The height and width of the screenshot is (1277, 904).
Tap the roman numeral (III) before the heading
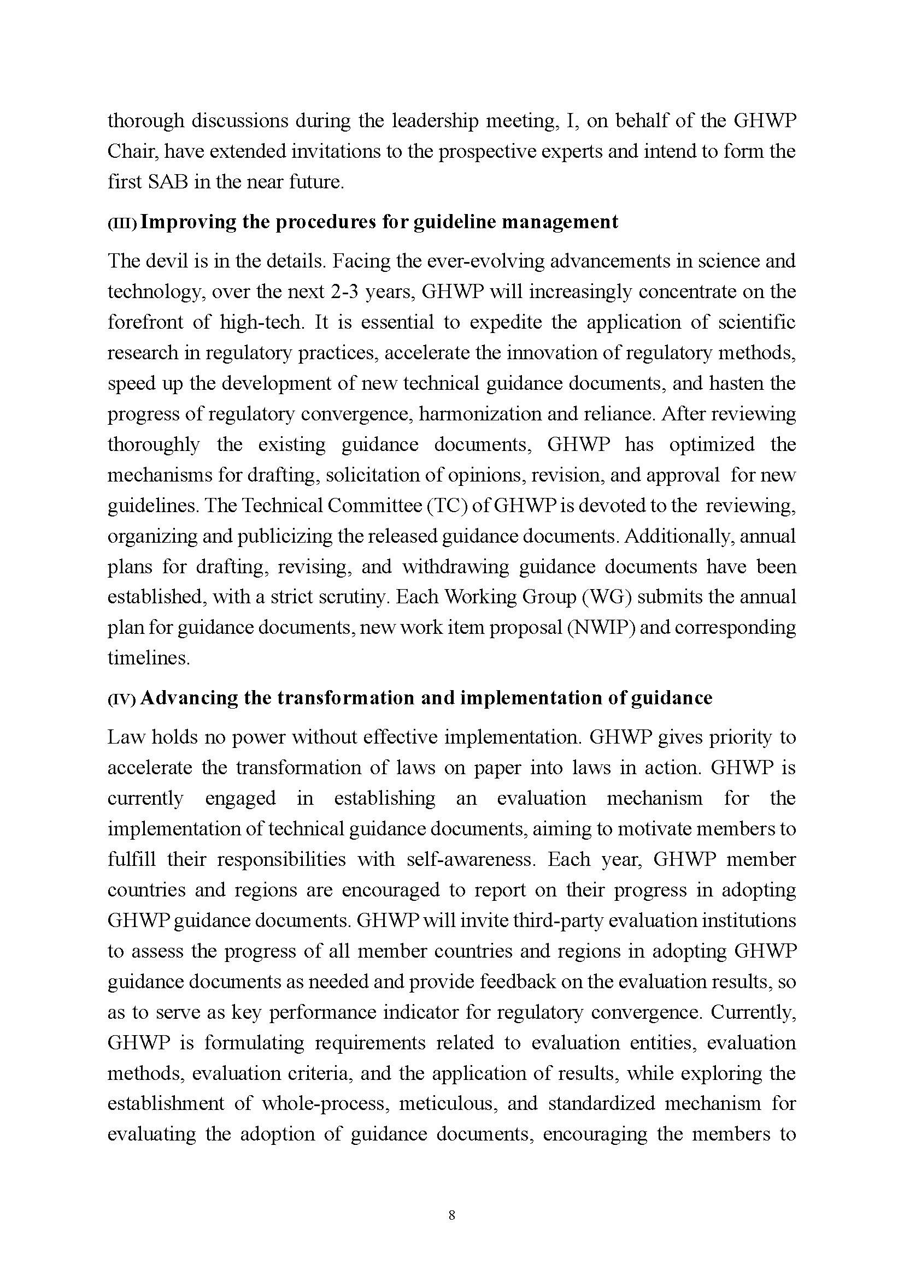(122, 223)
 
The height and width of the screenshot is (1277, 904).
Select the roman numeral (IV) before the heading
(122, 699)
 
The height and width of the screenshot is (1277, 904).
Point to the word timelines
(149, 658)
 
